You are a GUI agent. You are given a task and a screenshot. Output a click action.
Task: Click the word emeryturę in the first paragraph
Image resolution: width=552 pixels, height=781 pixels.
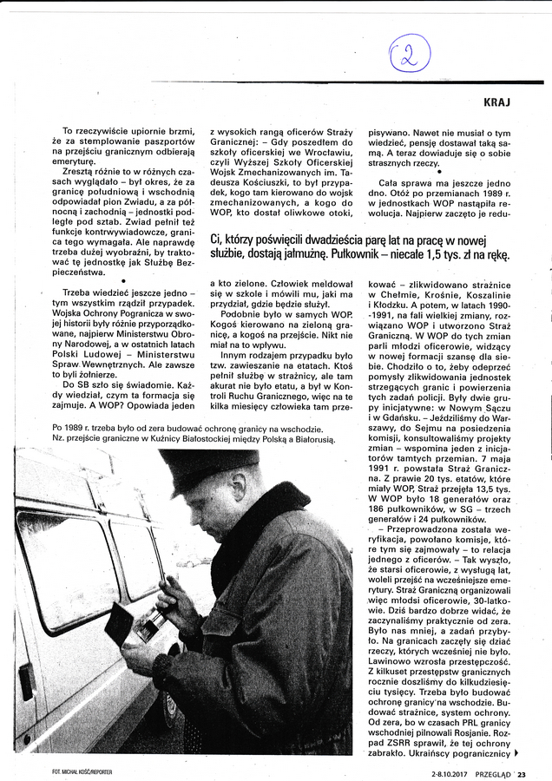pos(77,162)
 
